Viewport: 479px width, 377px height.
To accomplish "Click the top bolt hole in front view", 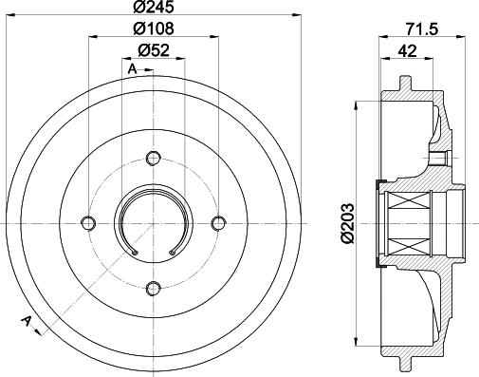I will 154,158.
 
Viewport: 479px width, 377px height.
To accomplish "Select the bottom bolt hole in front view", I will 154,288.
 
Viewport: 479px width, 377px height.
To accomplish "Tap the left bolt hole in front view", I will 88,222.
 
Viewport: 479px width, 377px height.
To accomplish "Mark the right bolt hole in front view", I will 218,222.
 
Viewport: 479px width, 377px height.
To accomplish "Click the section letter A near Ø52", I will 132,69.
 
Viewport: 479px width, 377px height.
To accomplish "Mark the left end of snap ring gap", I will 138,252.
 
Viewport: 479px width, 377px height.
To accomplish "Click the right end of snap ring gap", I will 170,252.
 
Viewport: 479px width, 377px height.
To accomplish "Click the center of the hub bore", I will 154,222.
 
